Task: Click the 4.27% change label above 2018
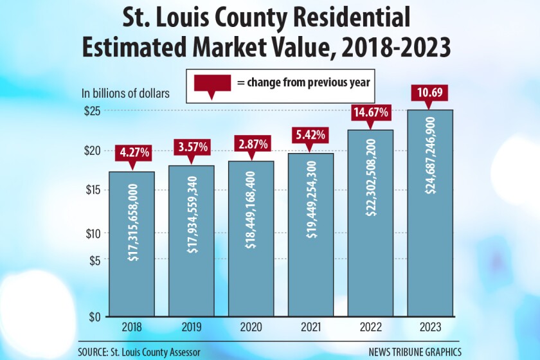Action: click(133, 153)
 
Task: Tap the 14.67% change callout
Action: click(370, 113)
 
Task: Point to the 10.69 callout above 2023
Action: click(429, 94)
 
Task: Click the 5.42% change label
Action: click(310, 136)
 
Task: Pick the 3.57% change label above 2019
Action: click(192, 147)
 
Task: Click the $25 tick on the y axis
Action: click(92, 111)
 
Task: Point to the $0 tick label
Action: click(94, 316)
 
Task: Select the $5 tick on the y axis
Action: click(94, 260)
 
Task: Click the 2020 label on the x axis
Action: click(251, 327)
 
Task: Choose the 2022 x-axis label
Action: click(370, 327)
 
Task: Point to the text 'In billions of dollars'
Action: click(125, 93)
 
